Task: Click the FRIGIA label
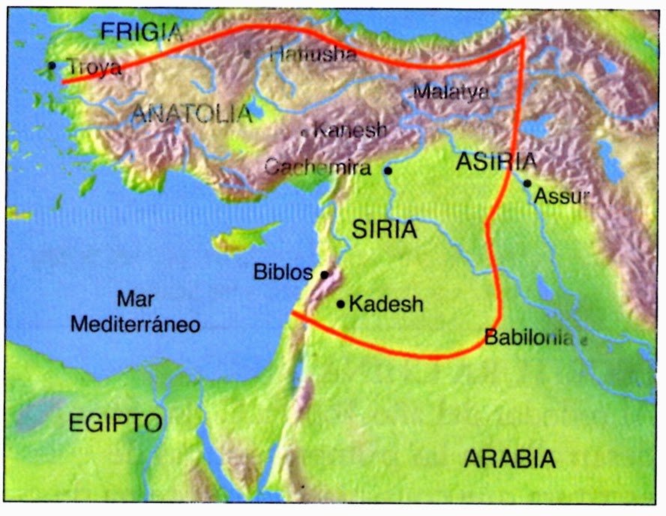[x=141, y=31]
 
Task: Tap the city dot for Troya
[x=52, y=65]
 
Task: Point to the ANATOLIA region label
[x=192, y=114]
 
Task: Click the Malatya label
[x=451, y=91]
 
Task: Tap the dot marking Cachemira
[x=388, y=170]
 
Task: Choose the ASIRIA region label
[x=497, y=161]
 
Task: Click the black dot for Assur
[x=527, y=183]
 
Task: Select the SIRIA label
[x=385, y=229]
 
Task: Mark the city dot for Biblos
[x=324, y=274]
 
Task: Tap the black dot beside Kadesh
[x=340, y=304]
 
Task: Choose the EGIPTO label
[x=115, y=422]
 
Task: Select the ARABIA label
[x=510, y=458]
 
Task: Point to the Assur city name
[x=561, y=196]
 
